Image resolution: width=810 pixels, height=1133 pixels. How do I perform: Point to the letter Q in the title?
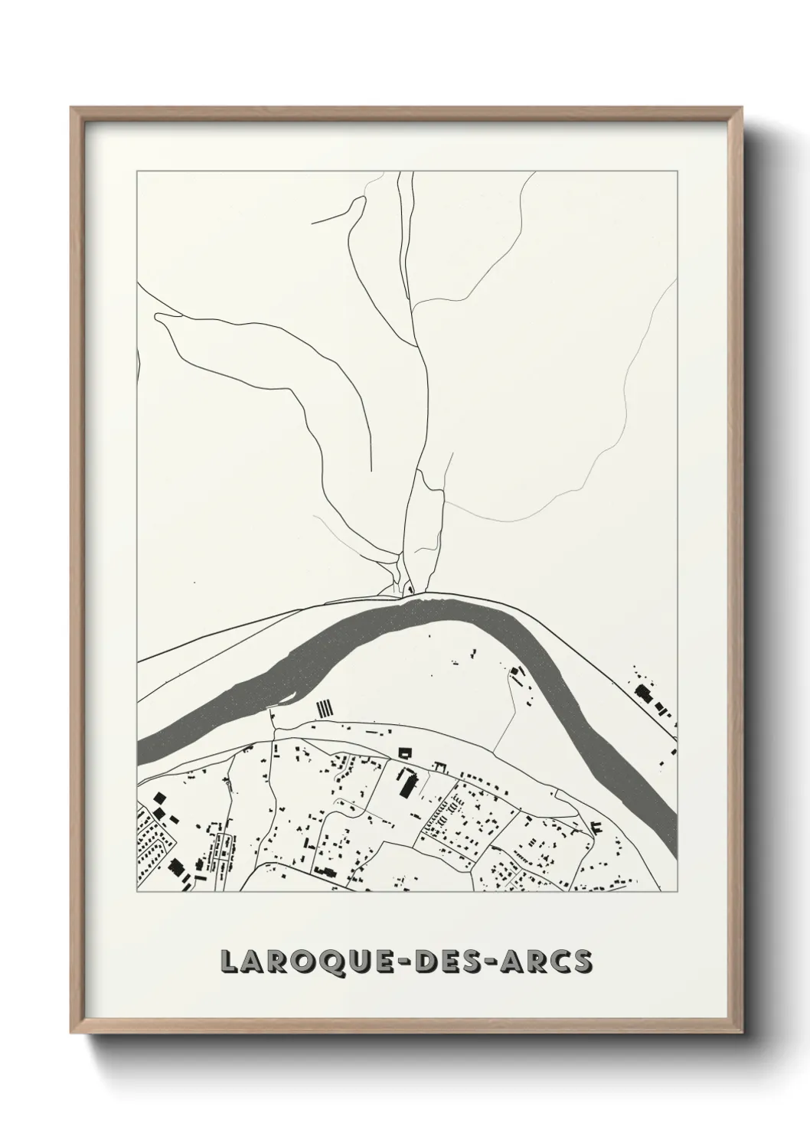coord(335,962)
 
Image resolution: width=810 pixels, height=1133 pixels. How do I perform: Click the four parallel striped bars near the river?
coord(326,707)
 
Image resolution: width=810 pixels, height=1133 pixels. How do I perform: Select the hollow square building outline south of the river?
coord(404,753)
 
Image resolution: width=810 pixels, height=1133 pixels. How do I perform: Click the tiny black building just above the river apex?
coord(409,589)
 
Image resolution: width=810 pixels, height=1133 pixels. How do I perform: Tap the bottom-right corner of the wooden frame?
coord(741,1027)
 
